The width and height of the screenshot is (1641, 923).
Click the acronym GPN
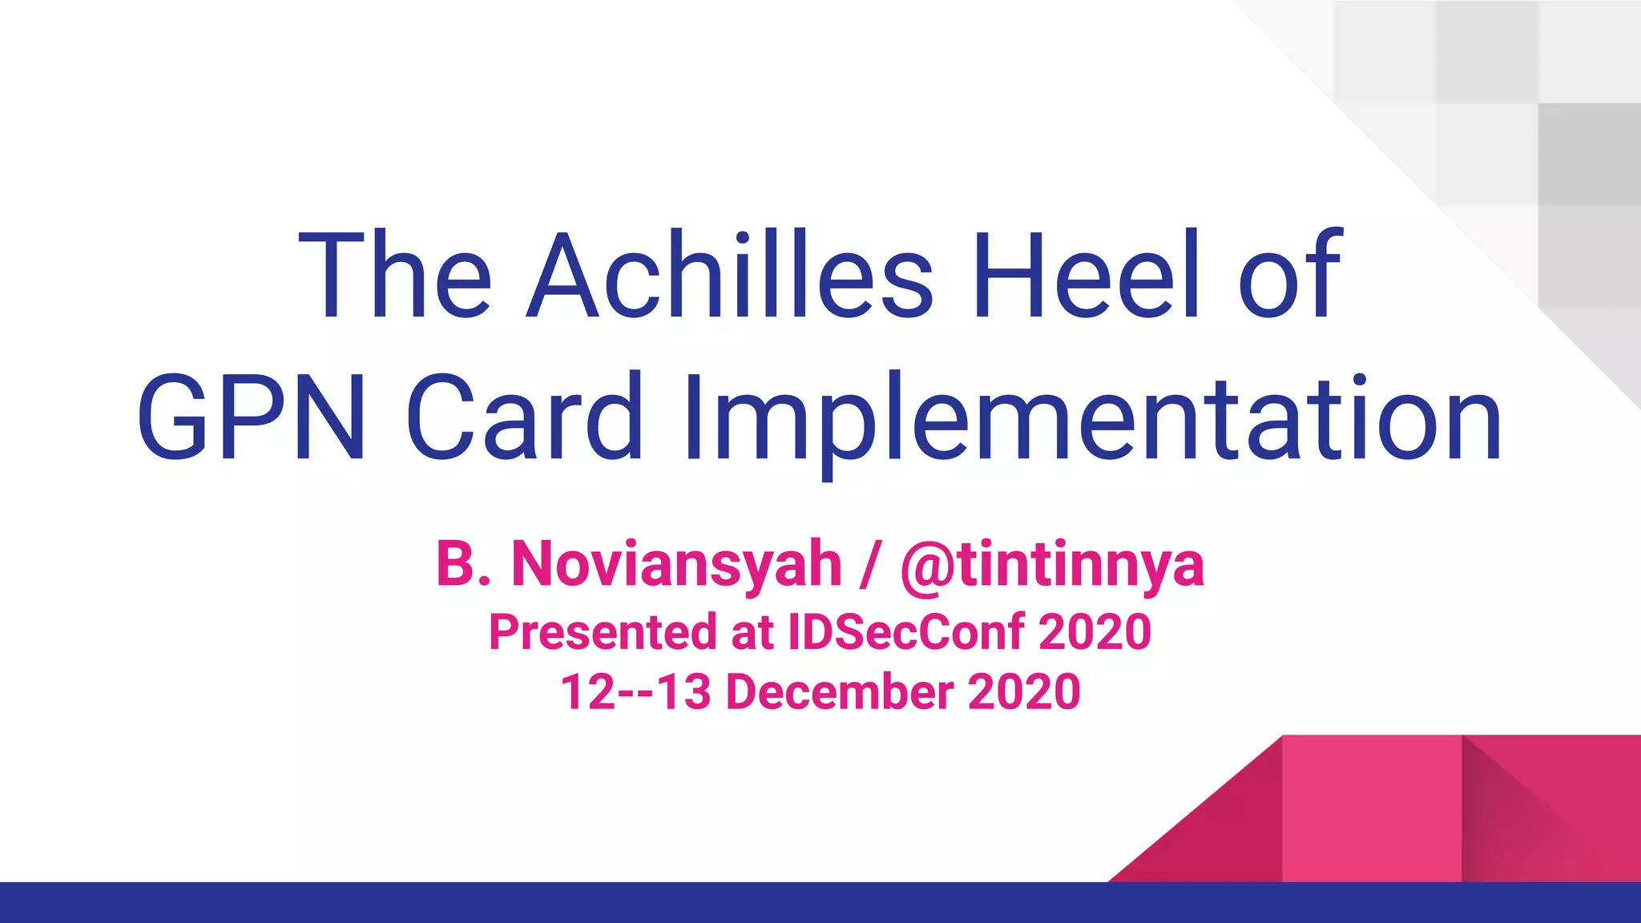coord(252,419)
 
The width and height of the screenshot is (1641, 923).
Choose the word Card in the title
coord(525,419)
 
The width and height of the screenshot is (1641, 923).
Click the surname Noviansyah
coord(676,564)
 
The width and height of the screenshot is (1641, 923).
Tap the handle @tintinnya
coord(1052,566)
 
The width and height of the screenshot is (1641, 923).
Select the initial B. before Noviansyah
coord(462,564)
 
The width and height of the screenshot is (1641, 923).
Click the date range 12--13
coord(635,692)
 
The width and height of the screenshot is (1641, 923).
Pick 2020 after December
coord(1024,692)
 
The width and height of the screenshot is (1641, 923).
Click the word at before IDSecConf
coord(752,633)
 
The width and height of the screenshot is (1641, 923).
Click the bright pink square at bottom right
coord(1371,808)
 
